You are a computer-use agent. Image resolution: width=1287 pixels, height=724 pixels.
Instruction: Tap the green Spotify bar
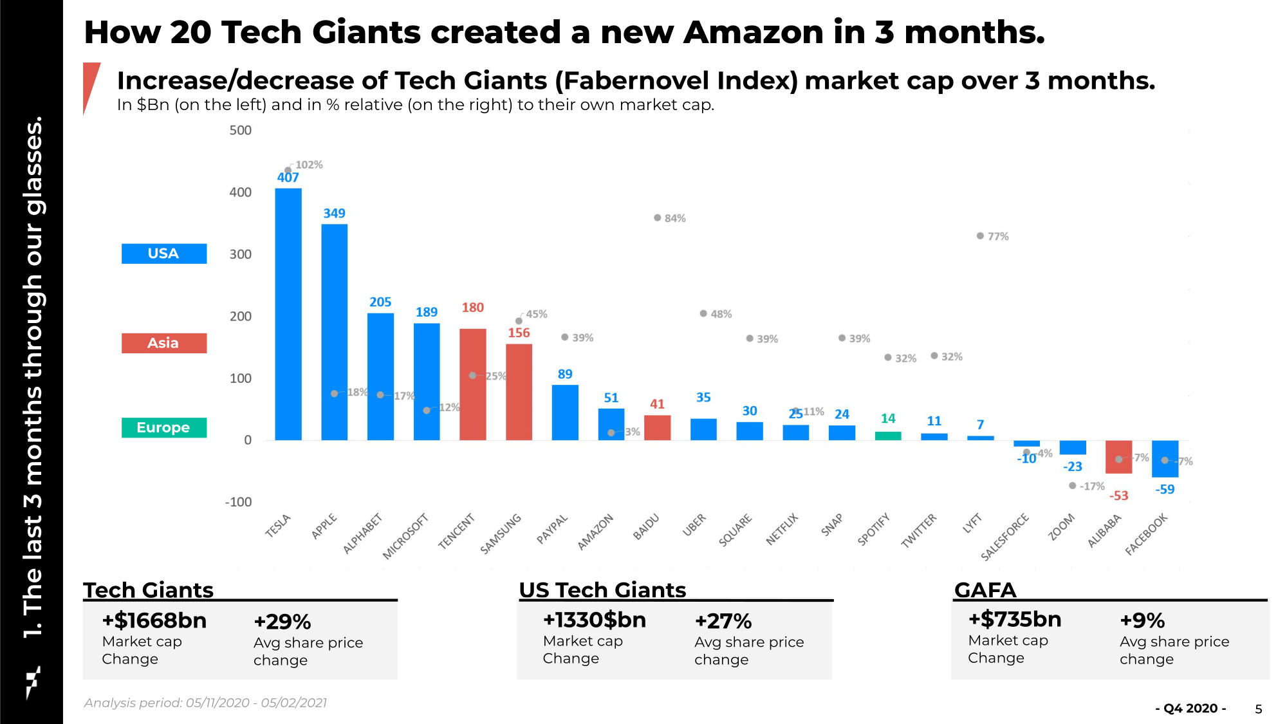[888, 436]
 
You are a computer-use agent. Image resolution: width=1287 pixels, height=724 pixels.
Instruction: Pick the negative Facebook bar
[1165, 459]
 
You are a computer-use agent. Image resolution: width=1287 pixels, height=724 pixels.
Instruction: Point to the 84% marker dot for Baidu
[657, 218]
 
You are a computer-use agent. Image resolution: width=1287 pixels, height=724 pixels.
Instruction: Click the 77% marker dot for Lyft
[980, 236]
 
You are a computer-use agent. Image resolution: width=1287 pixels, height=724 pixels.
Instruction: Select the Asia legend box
[164, 343]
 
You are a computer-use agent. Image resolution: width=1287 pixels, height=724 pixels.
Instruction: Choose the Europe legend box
[164, 427]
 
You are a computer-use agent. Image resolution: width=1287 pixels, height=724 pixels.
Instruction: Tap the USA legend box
[164, 254]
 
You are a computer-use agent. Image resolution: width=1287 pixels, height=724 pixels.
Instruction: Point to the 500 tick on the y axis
[241, 131]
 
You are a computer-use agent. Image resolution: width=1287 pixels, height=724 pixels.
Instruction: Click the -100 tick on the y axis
[238, 502]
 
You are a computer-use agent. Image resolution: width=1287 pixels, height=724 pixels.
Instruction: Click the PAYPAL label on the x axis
[552, 529]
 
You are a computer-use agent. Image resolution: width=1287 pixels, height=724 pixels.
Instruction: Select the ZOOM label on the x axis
[1061, 526]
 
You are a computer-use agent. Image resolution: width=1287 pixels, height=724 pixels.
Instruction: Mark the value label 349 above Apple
[334, 213]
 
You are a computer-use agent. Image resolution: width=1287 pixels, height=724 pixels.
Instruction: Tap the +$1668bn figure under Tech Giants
[154, 620]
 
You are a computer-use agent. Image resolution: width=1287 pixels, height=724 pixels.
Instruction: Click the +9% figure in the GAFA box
[1142, 620]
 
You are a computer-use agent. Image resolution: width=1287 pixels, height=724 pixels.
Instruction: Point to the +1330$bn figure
[595, 620]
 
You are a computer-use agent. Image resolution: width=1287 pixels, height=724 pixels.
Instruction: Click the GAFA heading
[985, 589]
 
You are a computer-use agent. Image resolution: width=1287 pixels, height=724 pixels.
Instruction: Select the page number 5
[1259, 709]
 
